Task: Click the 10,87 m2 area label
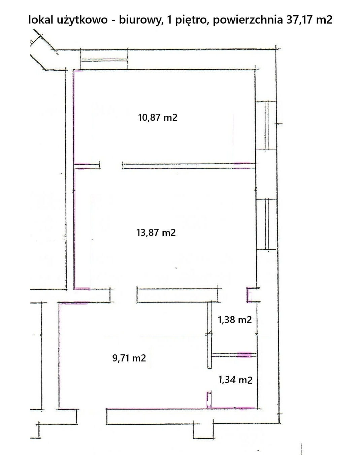pyautogui.click(x=158, y=117)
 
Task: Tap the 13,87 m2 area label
pyautogui.click(x=156, y=233)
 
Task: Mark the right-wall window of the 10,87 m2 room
pyautogui.click(x=266, y=125)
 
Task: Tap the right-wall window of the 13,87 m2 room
pyautogui.click(x=266, y=224)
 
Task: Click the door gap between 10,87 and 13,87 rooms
pyautogui.click(x=111, y=166)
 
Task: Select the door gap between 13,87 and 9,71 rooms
pyautogui.click(x=124, y=295)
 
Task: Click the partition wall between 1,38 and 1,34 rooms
pyautogui.click(x=234, y=355)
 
